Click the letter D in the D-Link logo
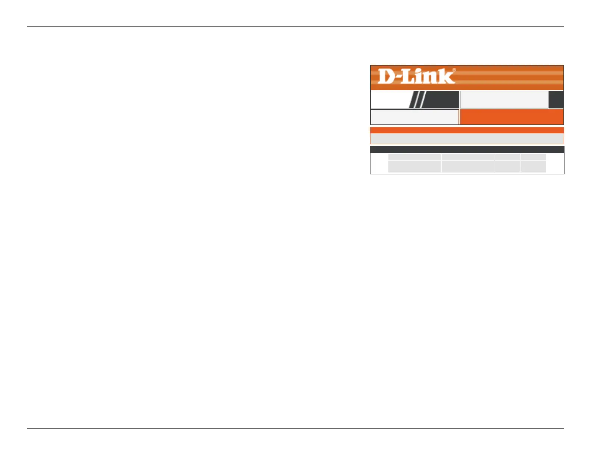[386, 76]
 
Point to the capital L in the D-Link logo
[408, 76]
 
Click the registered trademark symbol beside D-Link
[454, 70]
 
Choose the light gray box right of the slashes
[504, 99]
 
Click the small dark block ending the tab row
[556, 99]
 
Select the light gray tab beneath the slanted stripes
[414, 117]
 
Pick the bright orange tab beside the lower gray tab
[511, 117]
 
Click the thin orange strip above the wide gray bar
[467, 130]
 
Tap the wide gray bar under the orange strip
[467, 139]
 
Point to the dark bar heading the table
[467, 149]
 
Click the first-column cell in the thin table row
[414, 157]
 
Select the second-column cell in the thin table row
[468, 157]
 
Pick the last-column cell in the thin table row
[534, 157]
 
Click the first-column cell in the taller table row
[414, 167]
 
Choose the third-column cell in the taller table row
[507, 167]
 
